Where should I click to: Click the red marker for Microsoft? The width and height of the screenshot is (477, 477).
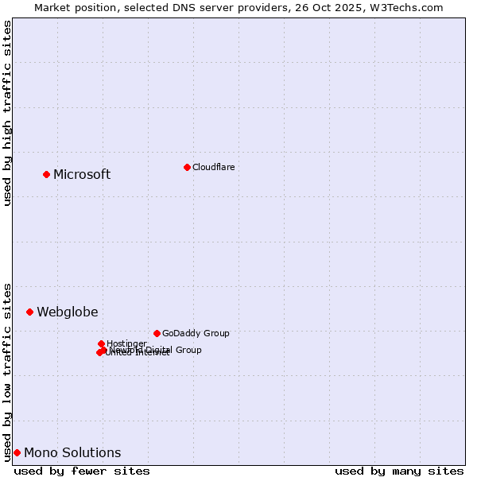pyautogui.click(x=46, y=174)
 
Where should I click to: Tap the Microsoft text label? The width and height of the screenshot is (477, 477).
pyautogui.click(x=82, y=175)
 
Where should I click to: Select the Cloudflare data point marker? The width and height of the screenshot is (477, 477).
pyautogui.click(x=187, y=167)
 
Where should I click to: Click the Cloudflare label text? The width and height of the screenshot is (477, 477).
pyautogui.click(x=213, y=167)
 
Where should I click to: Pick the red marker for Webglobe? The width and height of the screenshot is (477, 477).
pyautogui.click(x=30, y=312)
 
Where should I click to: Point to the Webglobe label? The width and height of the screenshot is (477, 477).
pyautogui.click(x=68, y=312)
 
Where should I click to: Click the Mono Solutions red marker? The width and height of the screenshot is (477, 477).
pyautogui.click(x=17, y=452)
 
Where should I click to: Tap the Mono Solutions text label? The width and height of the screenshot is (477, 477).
pyautogui.click(x=72, y=453)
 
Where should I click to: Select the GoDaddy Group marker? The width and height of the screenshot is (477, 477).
pyautogui.click(x=157, y=333)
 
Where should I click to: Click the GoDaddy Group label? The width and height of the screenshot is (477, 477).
pyautogui.click(x=196, y=334)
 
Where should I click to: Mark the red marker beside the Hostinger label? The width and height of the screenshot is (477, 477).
pyautogui.click(x=101, y=343)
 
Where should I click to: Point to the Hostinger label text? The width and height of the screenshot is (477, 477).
pyautogui.click(x=126, y=343)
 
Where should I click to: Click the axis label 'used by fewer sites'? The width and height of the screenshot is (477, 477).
pyautogui.click(x=82, y=471)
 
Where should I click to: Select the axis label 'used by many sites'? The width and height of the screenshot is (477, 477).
pyautogui.click(x=399, y=471)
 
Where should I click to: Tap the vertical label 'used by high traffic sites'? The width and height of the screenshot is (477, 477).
pyautogui.click(x=8, y=113)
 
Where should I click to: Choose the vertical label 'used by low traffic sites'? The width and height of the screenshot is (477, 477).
pyautogui.click(x=8, y=371)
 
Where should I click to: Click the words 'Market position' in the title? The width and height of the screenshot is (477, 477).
pyautogui.click(x=72, y=7)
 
